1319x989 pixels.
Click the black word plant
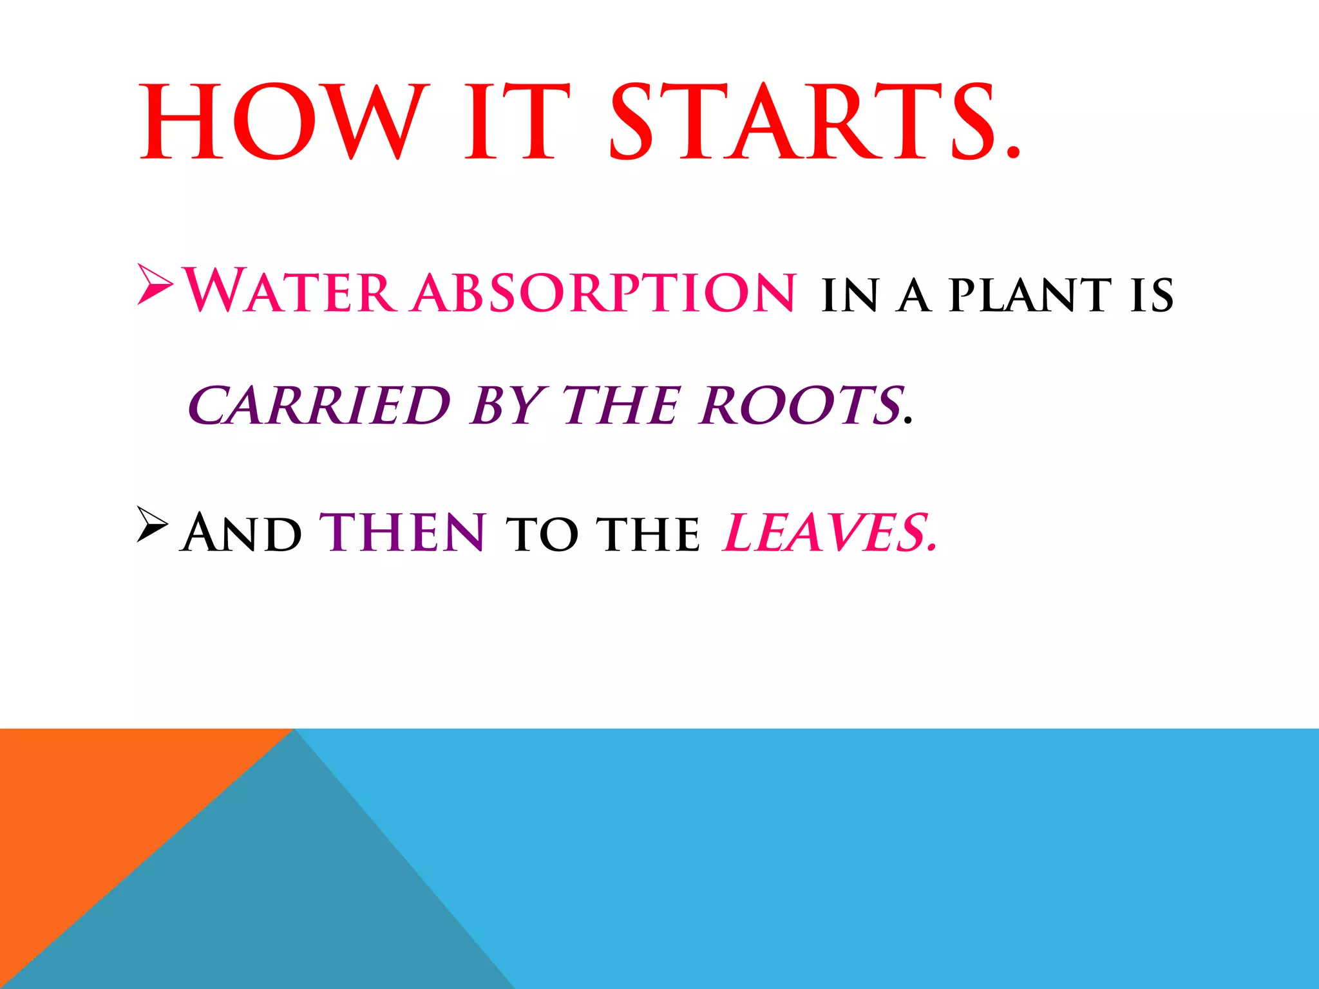pyautogui.click(x=1030, y=296)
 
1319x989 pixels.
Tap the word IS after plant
pyautogui.click(x=1152, y=296)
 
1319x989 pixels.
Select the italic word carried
pyautogui.click(x=319, y=405)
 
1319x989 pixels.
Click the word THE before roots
pyautogui.click(x=621, y=405)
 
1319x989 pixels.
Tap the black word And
pyautogui.click(x=242, y=532)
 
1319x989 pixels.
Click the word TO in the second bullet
pyautogui.click(x=542, y=534)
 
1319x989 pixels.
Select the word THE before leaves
pyautogui.click(x=648, y=534)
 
